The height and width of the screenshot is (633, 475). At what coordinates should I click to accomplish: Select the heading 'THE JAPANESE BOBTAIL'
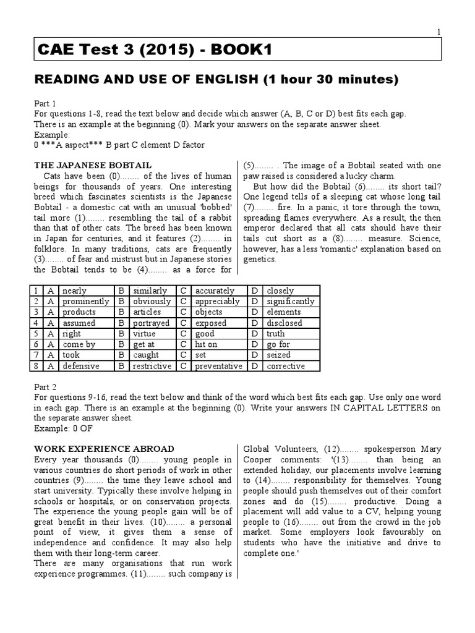92,166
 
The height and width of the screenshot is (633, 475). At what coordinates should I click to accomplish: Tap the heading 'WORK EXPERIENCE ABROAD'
103,449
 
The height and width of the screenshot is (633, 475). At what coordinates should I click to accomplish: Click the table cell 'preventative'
218,366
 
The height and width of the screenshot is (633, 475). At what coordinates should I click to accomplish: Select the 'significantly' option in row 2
290,302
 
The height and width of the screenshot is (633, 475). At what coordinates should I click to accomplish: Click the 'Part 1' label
45,103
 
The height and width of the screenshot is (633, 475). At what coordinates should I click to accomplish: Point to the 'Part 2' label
45,386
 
